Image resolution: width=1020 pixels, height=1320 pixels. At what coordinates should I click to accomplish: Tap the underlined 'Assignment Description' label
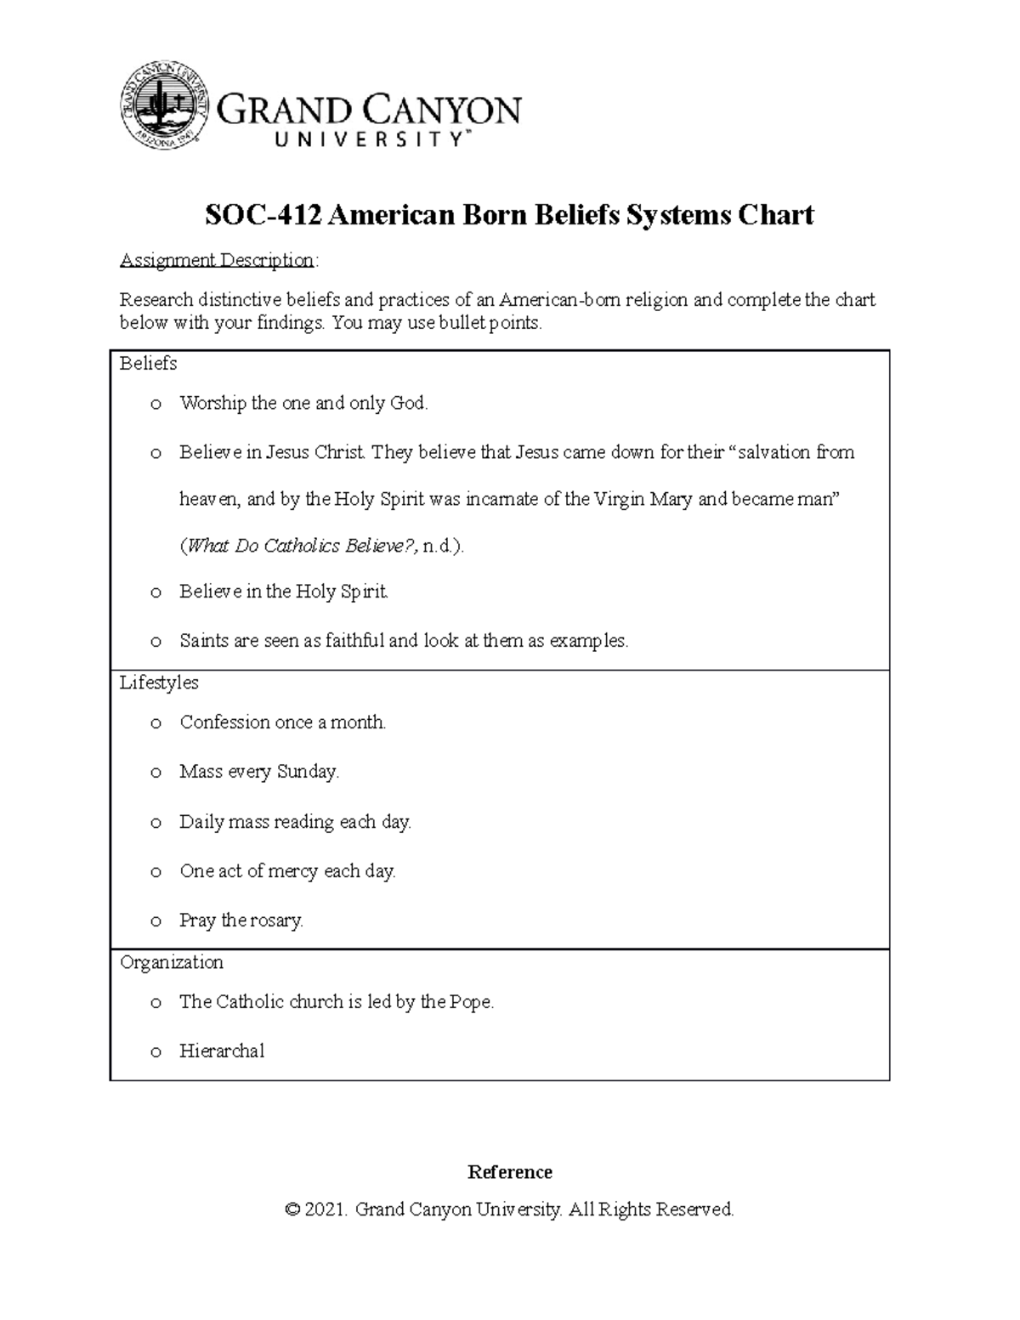point(217,260)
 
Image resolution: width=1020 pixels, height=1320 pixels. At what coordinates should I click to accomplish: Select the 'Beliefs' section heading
point(148,364)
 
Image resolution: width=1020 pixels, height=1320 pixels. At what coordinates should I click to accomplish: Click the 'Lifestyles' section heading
point(159,683)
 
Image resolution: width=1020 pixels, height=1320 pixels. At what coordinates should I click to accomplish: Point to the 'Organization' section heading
point(171,962)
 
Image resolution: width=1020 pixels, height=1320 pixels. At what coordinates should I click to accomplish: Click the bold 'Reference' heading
point(509,1172)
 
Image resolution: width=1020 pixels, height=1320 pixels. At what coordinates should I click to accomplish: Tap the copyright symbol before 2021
point(293,1210)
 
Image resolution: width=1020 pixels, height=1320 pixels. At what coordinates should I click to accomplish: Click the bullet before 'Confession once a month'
point(156,723)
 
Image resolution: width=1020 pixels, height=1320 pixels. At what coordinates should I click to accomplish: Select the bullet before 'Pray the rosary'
point(156,921)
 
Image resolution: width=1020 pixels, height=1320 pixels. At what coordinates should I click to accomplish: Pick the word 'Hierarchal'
point(222,1051)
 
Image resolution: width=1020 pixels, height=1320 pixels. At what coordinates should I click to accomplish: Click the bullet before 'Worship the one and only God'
point(156,405)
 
